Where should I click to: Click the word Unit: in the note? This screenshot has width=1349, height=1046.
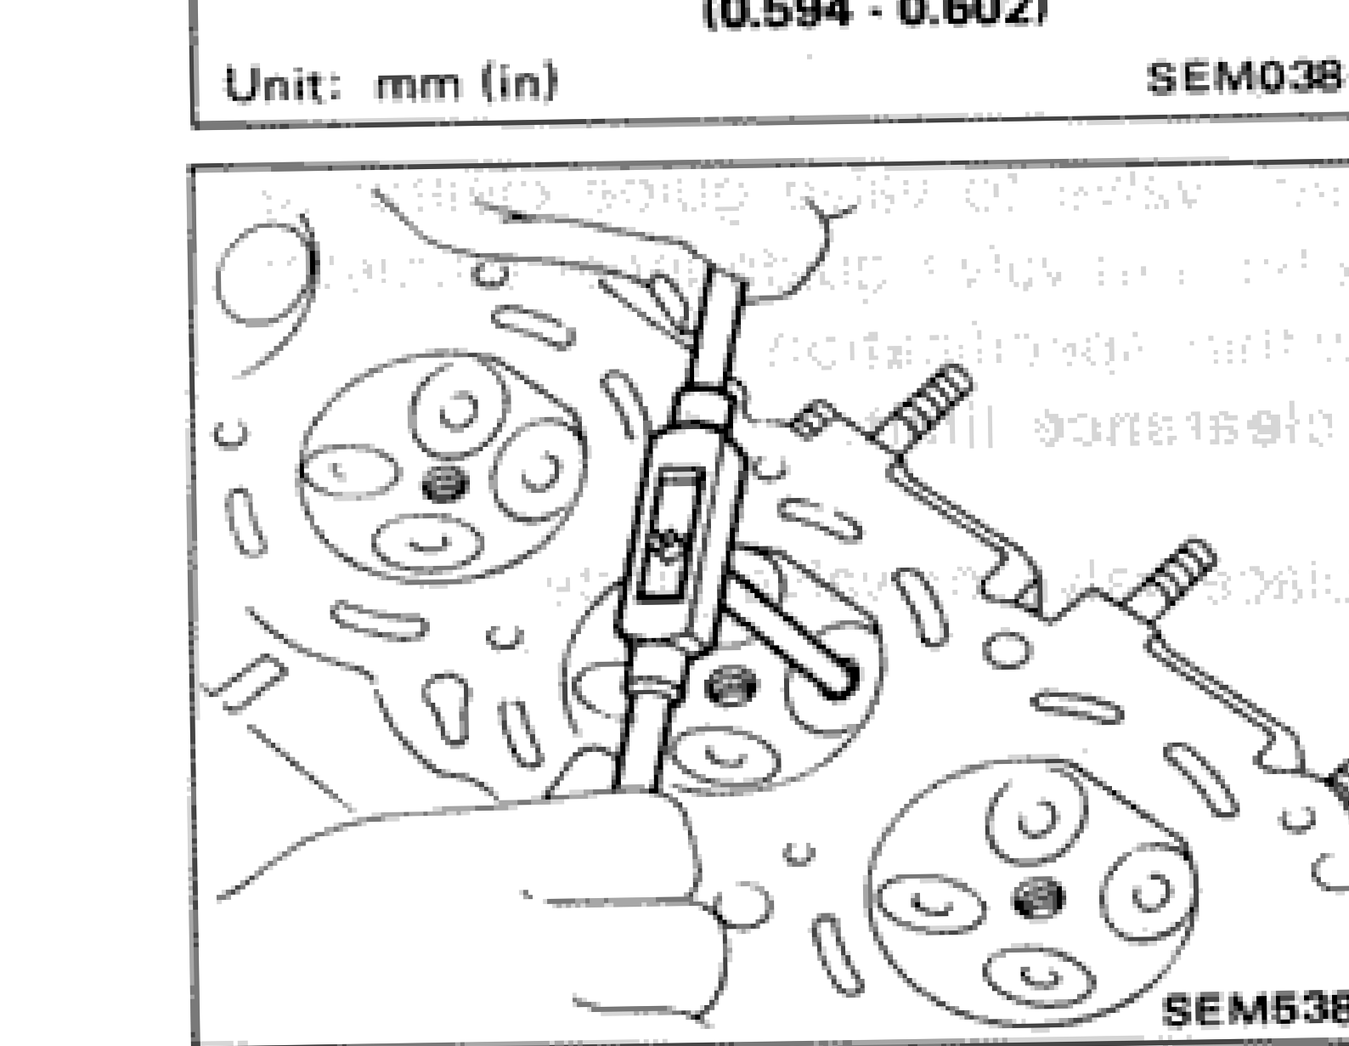click(x=281, y=84)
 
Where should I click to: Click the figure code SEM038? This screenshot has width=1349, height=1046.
click(x=1245, y=78)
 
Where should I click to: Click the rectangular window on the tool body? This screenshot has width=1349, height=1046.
click(x=671, y=531)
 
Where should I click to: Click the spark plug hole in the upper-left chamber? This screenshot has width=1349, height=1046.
click(x=444, y=483)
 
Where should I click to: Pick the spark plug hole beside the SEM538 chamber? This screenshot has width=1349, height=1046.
click(x=1038, y=898)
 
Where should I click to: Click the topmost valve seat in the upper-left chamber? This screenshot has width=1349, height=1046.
click(x=459, y=412)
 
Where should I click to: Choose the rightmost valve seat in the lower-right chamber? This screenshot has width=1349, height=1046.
click(x=1148, y=892)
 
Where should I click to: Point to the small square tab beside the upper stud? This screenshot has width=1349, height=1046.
click(x=811, y=420)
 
